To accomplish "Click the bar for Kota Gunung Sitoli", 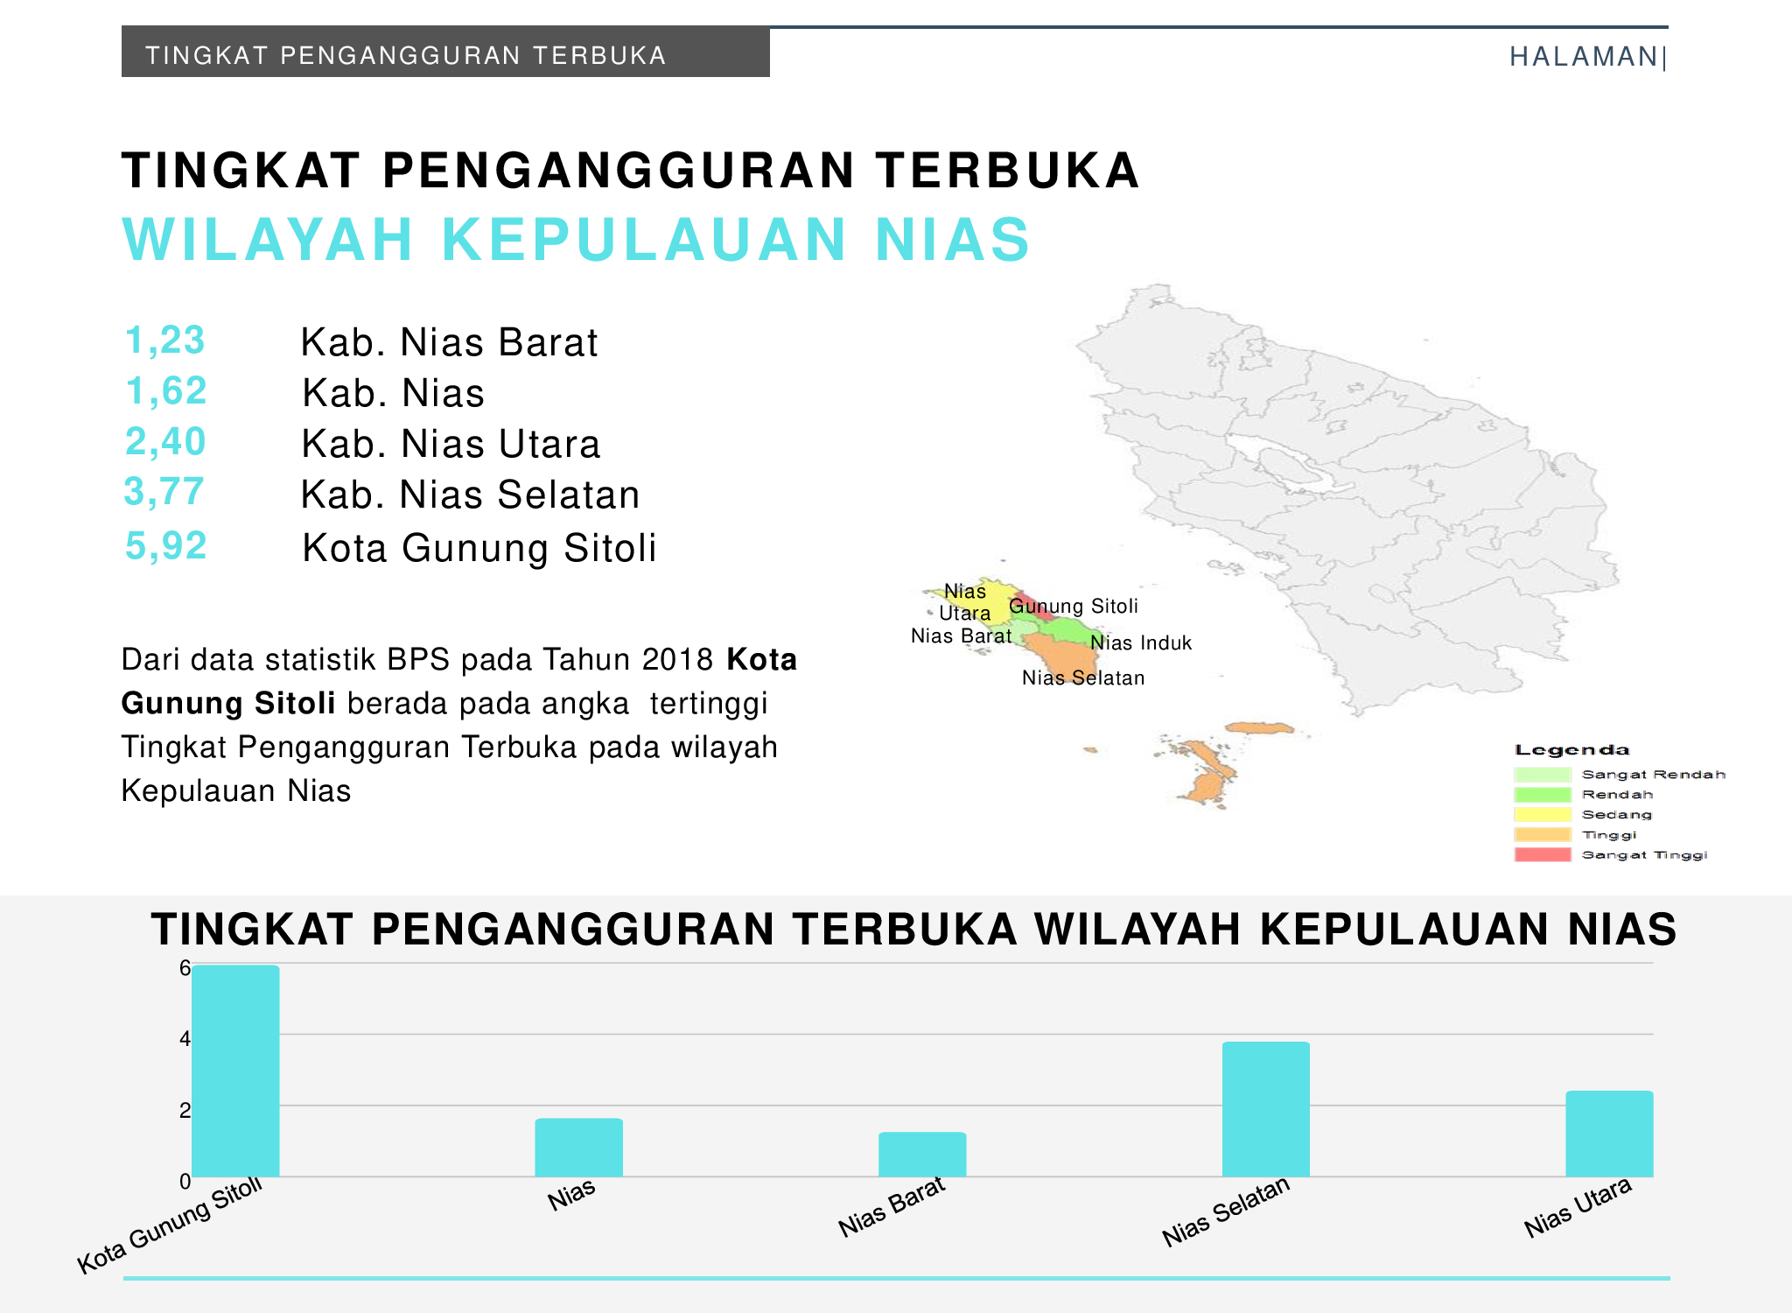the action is click(x=235, y=1071).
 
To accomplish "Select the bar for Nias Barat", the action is click(x=922, y=1155).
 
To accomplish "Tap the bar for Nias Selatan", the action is click(x=1265, y=1109).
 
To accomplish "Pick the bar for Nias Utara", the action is click(x=1609, y=1134).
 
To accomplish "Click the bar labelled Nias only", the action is click(x=579, y=1148).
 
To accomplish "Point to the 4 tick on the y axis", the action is click(x=185, y=1039).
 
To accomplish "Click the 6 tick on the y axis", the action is click(x=185, y=968).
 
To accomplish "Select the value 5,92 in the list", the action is click(x=166, y=545).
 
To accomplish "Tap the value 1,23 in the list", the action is click(x=165, y=341).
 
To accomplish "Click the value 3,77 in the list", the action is click(x=164, y=492).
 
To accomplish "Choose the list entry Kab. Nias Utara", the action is click(x=451, y=444).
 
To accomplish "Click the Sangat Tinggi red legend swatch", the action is click(x=1542, y=854).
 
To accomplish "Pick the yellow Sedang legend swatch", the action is click(x=1542, y=814).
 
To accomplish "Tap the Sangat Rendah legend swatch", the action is click(x=1542, y=774).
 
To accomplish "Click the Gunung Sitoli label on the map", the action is click(x=1074, y=607).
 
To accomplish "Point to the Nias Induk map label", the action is click(x=1141, y=642).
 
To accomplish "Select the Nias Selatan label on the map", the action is click(x=1083, y=678).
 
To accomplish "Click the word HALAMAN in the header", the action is click(x=1584, y=57).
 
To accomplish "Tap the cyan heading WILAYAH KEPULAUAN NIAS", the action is click(x=577, y=239).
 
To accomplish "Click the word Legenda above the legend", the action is click(x=1572, y=750).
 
